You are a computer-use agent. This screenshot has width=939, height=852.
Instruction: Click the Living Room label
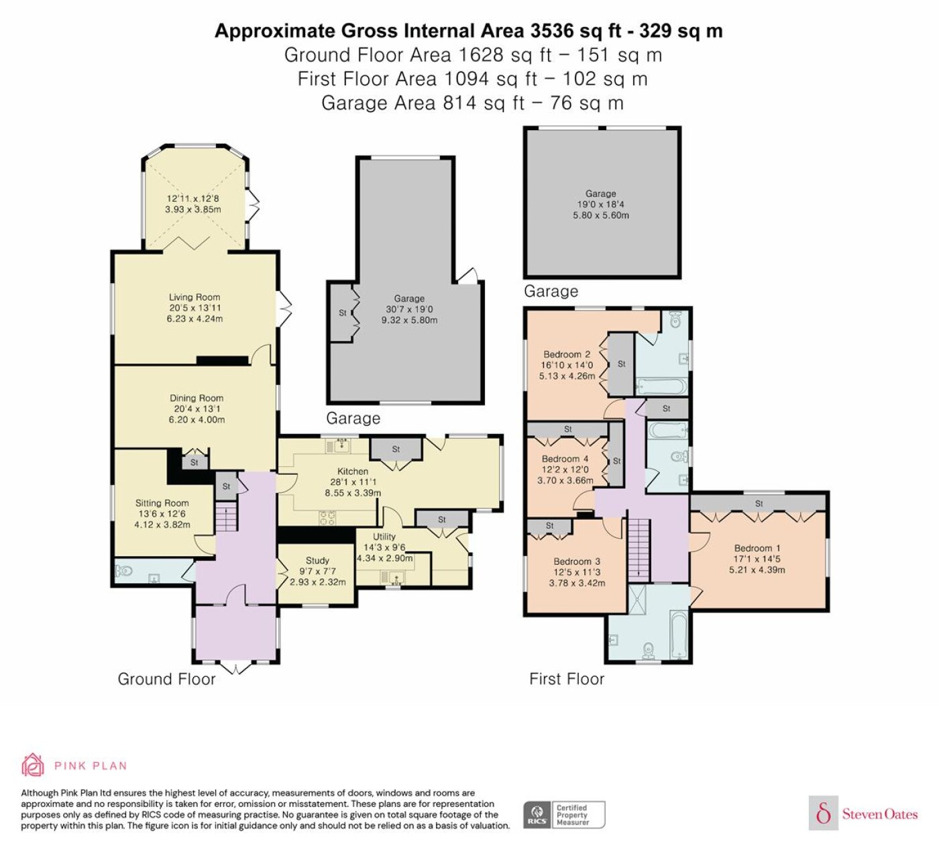pyautogui.click(x=195, y=297)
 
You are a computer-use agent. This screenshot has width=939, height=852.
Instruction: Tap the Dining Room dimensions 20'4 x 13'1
pyautogui.click(x=197, y=409)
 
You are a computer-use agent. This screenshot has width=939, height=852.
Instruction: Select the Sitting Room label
pyautogui.click(x=162, y=503)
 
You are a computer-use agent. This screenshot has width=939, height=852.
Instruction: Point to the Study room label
pyautogui.click(x=317, y=560)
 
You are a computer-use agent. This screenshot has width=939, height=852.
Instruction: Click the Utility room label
pyautogui.click(x=384, y=537)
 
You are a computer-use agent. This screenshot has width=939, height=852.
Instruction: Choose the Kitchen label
pyautogui.click(x=353, y=471)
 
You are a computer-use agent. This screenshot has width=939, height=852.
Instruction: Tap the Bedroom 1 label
pyautogui.click(x=757, y=548)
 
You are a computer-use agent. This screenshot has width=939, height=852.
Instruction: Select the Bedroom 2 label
pyautogui.click(x=567, y=355)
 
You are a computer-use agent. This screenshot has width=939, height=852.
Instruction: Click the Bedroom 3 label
pyautogui.click(x=577, y=562)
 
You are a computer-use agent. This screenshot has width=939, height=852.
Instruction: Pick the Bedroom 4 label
pyautogui.click(x=565, y=459)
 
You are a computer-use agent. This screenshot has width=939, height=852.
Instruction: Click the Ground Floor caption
pyautogui.click(x=166, y=679)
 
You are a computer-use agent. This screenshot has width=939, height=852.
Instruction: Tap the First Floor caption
pyautogui.click(x=567, y=679)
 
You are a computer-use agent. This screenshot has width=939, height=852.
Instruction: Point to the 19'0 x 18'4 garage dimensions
pyautogui.click(x=600, y=204)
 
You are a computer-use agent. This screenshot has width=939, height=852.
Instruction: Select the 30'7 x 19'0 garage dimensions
pyautogui.click(x=409, y=309)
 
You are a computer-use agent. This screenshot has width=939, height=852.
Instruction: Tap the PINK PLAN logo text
pyautogui.click(x=91, y=766)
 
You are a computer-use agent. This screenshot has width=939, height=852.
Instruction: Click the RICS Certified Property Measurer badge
pyautogui.click(x=564, y=814)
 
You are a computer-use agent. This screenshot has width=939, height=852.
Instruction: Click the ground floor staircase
pyautogui.click(x=227, y=516)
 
